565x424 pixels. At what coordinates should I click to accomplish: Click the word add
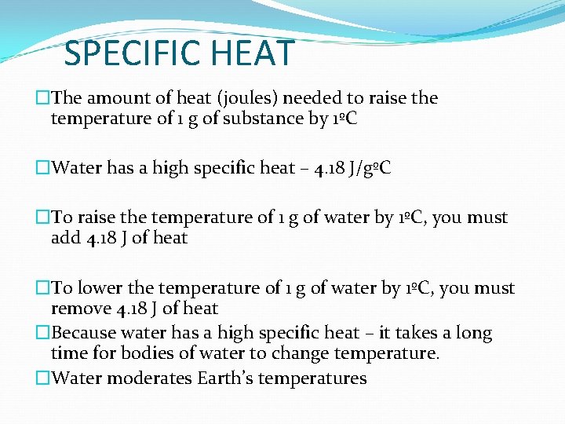pos(66,238)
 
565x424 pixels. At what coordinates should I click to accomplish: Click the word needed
pos(314,98)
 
